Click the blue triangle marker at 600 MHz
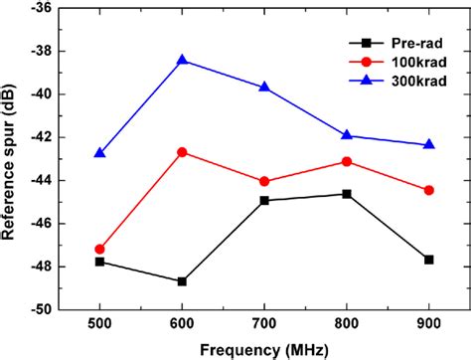[182, 60]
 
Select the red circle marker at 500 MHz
[99, 249]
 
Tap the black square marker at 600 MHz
[182, 281]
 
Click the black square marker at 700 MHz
[264, 200]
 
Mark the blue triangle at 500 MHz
[99, 153]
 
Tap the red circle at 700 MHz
[264, 181]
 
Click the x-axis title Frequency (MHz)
[264, 349]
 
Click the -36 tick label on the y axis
[42, 8]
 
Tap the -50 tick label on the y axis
[42, 309]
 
